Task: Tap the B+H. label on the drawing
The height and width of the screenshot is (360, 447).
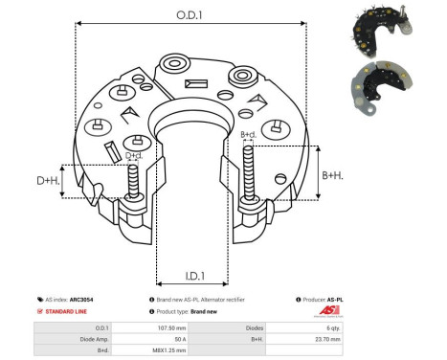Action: click(332, 175)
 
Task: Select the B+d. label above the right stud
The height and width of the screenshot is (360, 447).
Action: click(248, 134)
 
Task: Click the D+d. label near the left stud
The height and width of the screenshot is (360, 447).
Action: click(135, 155)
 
